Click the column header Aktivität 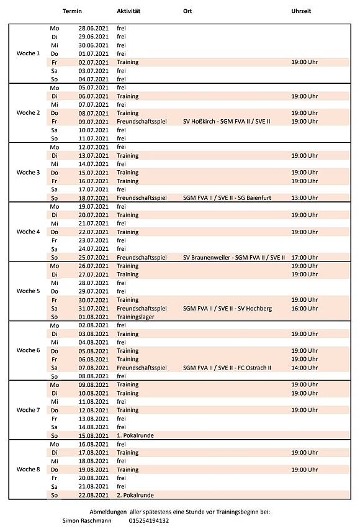(128, 12)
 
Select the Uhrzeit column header (301, 12)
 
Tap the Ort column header (187, 12)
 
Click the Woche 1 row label (28, 53)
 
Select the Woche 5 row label (28, 291)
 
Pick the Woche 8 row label (28, 470)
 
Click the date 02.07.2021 (94, 62)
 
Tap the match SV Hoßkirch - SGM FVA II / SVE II (227, 122)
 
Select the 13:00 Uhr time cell (305, 198)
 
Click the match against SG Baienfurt (227, 198)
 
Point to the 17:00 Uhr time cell (305, 257)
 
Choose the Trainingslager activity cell (135, 317)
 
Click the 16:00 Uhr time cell (305, 308)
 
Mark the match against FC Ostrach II (227, 368)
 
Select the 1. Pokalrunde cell (135, 435)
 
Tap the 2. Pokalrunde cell (135, 495)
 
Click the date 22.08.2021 (94, 495)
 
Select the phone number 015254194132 (148, 520)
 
